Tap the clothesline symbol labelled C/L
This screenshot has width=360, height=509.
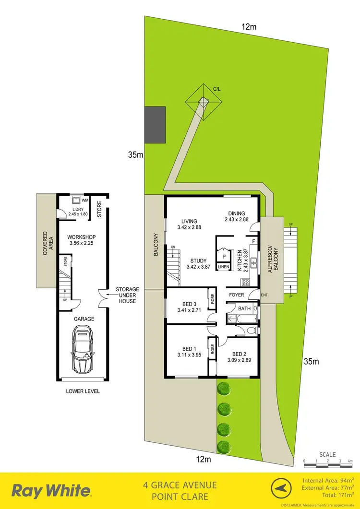click(204, 102)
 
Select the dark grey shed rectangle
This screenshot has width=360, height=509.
click(155, 124)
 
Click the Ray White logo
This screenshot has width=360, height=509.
click(51, 491)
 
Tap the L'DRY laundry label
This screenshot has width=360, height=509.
click(78, 210)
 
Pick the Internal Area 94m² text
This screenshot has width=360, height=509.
click(329, 481)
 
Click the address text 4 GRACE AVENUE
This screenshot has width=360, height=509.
click(180, 485)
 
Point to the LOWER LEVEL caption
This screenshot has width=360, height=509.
click(83, 391)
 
